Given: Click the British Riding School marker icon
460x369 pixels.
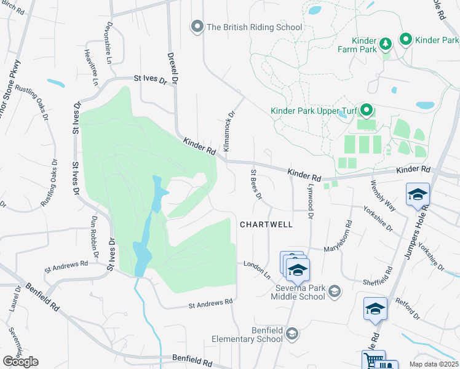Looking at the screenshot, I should tap(197, 27).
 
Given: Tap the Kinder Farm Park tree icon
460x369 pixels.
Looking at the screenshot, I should tap(385, 44).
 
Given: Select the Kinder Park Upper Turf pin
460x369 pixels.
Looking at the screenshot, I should tap(367, 111).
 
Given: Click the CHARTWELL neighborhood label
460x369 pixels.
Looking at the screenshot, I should tap(266, 225).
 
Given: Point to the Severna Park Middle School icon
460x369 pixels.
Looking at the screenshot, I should tap(335, 291).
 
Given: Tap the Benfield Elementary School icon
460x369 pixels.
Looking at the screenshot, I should tap(293, 333).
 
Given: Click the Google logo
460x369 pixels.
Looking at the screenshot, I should tap(20, 362).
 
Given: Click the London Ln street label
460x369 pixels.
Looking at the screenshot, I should tap(257, 269).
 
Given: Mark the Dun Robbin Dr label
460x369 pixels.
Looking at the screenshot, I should tap(95, 237).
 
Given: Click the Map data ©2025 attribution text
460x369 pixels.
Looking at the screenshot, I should tap(434, 364).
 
